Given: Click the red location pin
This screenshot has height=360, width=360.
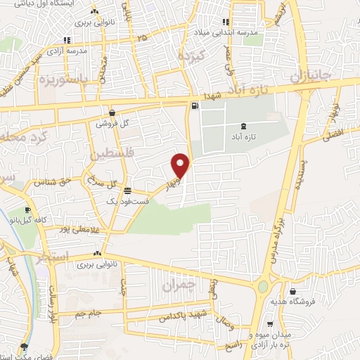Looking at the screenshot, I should tap(181, 165).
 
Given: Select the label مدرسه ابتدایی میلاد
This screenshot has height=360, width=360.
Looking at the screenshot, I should tap(229, 32).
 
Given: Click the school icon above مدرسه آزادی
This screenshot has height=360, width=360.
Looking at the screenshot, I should tap(66, 41).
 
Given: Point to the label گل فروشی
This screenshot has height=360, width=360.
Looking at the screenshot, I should tap(115, 123).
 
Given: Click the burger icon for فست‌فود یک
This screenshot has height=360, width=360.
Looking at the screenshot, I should tap(127, 191).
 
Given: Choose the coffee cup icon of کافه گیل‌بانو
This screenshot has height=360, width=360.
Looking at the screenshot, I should tap(27, 210).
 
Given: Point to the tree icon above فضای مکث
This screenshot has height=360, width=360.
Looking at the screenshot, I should tap(25, 347).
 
